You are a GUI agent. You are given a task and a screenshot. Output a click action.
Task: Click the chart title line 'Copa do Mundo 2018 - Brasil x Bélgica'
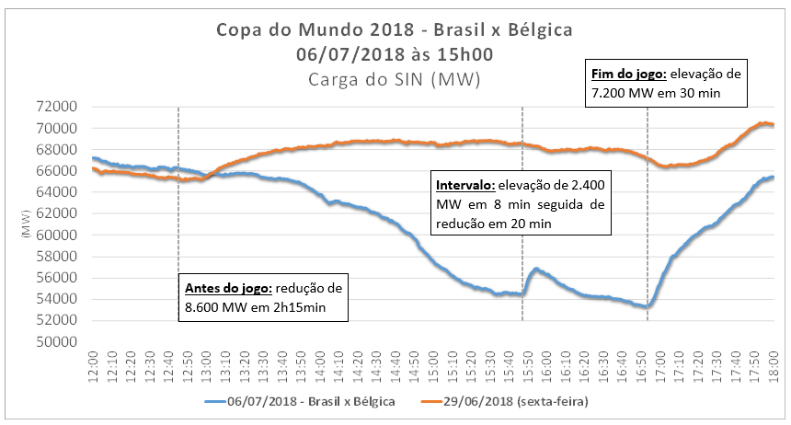(394, 29)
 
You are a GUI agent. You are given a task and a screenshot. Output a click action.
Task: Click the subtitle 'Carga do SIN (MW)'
(394, 80)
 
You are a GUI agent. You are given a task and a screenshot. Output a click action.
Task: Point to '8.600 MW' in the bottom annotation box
(213, 310)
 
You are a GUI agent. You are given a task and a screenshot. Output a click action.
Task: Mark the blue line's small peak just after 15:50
(535, 270)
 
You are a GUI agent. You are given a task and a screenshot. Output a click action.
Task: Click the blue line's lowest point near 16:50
(648, 306)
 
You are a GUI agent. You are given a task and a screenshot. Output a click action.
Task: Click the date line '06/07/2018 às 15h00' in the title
(394, 54)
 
